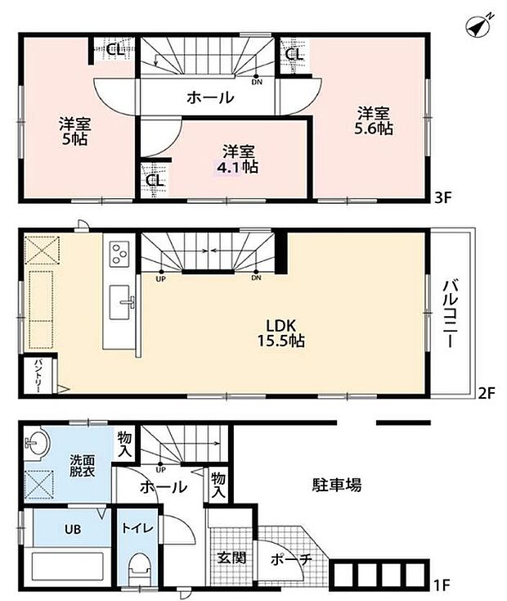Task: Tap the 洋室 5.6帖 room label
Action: pos(372,121)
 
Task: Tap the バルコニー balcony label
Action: pos(451,314)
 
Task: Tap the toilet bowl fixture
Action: pos(140,568)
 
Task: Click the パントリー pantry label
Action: pos(38,378)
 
